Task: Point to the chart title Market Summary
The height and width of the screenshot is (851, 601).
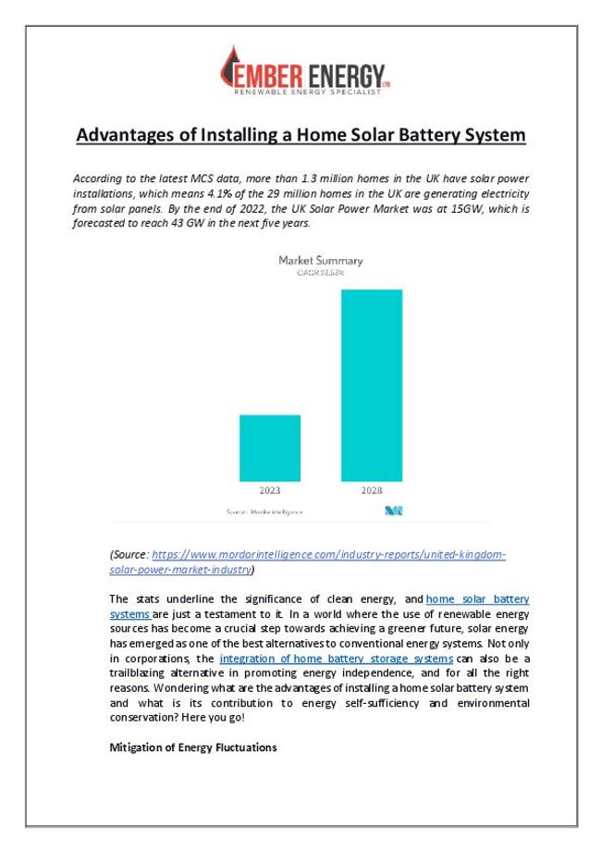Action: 321,261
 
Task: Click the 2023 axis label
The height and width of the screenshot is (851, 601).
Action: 270,490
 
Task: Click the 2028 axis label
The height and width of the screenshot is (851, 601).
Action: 372,490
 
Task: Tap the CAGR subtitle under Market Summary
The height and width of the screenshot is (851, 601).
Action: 320,273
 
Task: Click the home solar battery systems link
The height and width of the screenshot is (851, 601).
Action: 477,600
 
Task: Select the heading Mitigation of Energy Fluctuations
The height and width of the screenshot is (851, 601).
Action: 192,746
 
